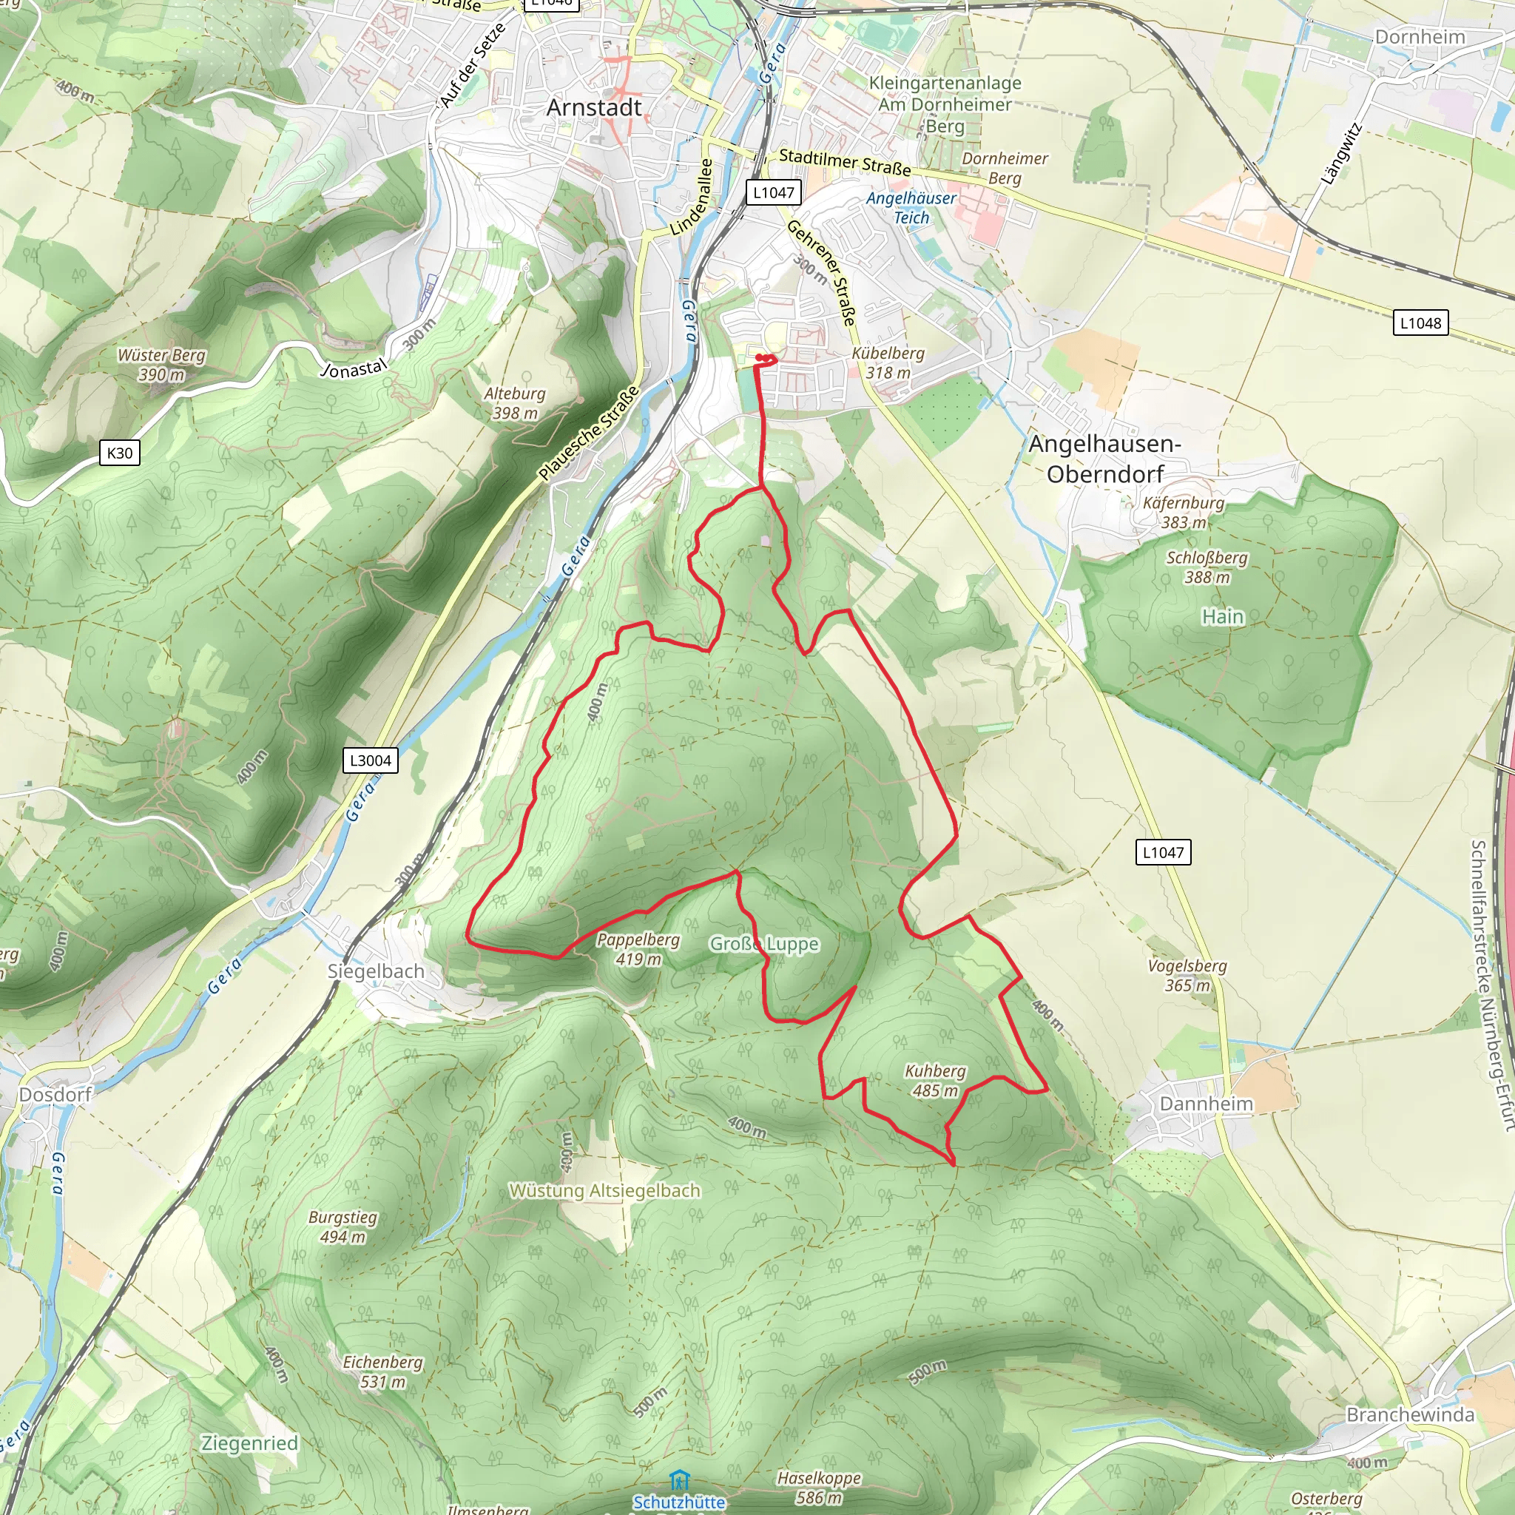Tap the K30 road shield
[120, 453]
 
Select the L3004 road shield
[370, 760]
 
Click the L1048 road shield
[1420, 323]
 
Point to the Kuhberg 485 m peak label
[935, 1081]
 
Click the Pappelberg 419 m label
[638, 949]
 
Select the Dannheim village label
[1206, 1104]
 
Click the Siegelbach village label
[376, 971]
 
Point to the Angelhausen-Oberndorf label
[1105, 459]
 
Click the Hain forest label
[1223, 617]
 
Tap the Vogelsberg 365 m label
[1187, 976]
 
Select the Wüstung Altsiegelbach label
[604, 1190]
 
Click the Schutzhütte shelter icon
[679, 1480]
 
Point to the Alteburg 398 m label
[514, 403]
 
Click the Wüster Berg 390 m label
[161, 365]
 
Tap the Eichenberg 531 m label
[382, 1371]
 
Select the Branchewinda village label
[1410, 1414]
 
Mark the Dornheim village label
[1420, 37]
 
